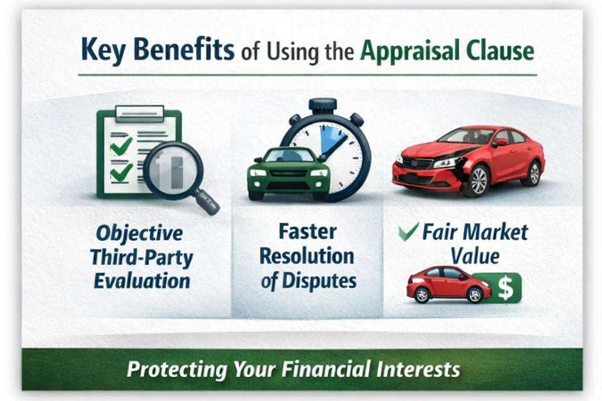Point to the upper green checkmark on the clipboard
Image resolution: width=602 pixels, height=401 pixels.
(x=120, y=145)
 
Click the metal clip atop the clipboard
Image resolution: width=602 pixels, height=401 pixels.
(x=139, y=113)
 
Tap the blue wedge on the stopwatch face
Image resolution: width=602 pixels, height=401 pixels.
(x=331, y=140)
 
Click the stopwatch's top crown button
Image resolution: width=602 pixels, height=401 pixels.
(x=322, y=105)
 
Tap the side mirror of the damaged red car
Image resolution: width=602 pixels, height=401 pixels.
(x=500, y=142)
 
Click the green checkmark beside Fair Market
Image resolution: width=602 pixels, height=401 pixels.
(x=408, y=232)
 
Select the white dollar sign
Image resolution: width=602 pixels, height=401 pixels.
(x=505, y=288)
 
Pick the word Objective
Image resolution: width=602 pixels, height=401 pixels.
(x=139, y=234)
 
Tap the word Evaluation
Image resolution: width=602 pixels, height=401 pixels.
(x=142, y=281)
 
